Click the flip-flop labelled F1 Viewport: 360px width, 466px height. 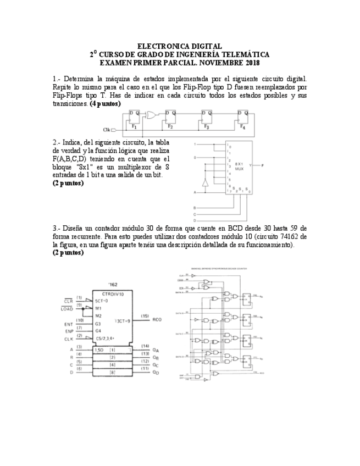coord(134,119)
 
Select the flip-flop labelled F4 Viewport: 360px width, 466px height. coord(243,119)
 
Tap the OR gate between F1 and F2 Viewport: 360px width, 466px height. coord(151,115)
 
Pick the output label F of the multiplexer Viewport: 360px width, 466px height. coord(262,165)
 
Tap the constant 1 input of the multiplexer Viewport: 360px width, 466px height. coord(195,143)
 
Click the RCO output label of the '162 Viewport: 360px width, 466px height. coord(157,319)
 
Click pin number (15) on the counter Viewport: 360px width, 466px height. coord(145,316)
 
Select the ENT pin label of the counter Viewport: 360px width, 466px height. coord(68,324)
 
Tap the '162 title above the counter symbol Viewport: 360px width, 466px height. coord(112,285)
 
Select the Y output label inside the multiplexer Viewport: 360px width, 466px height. coord(250,165)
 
